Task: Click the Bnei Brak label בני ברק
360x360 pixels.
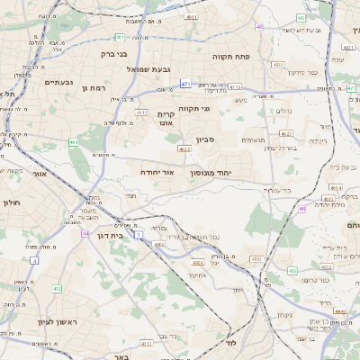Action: click(116, 53)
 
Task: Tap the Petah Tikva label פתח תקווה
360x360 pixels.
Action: click(229, 56)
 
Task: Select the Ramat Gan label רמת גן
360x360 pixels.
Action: click(94, 88)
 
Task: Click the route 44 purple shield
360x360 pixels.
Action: click(85, 233)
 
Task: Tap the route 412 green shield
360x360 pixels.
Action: click(56, 288)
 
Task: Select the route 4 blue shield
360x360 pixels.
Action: click(35, 260)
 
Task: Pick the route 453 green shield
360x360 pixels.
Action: click(256, 260)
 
